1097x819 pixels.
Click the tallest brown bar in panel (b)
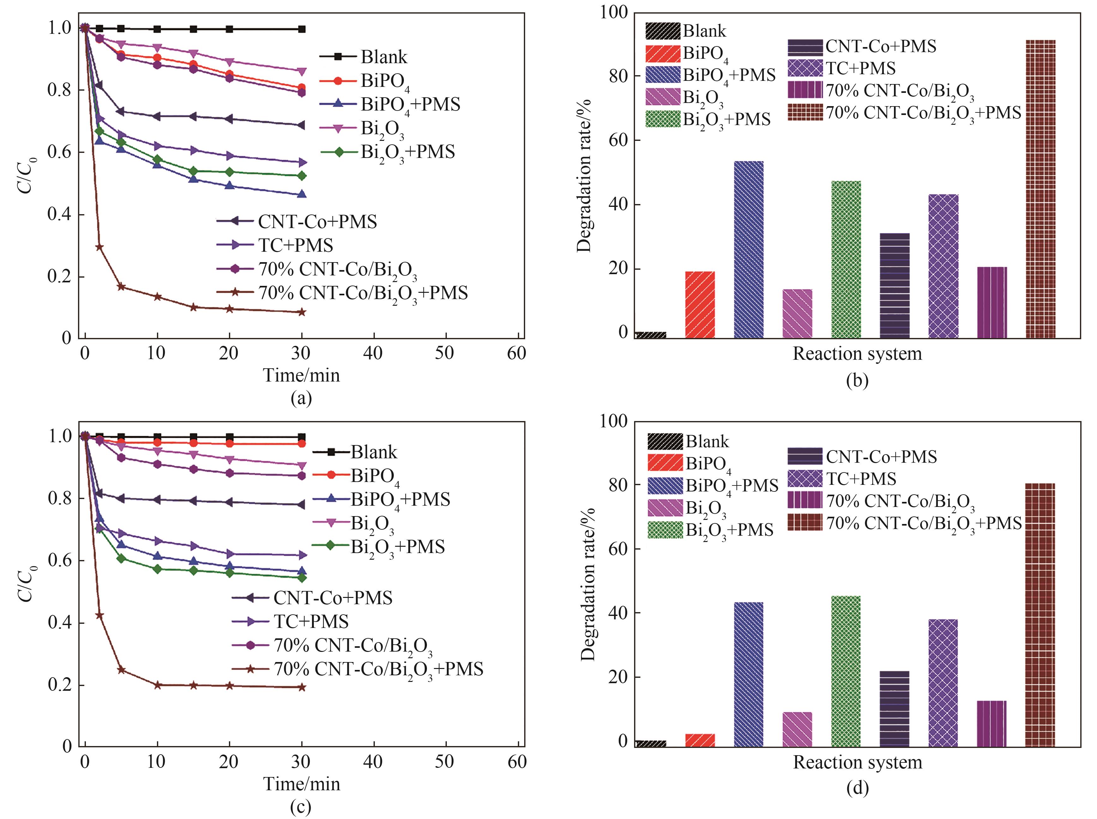pos(1040,188)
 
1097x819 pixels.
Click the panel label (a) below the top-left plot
pos(301,398)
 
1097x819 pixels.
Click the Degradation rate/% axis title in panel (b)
pos(585,176)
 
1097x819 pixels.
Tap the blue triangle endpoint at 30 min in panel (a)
pos(301,194)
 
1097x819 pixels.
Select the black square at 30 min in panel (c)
pos(301,437)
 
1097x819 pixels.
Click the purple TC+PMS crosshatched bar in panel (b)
pos(943,266)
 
